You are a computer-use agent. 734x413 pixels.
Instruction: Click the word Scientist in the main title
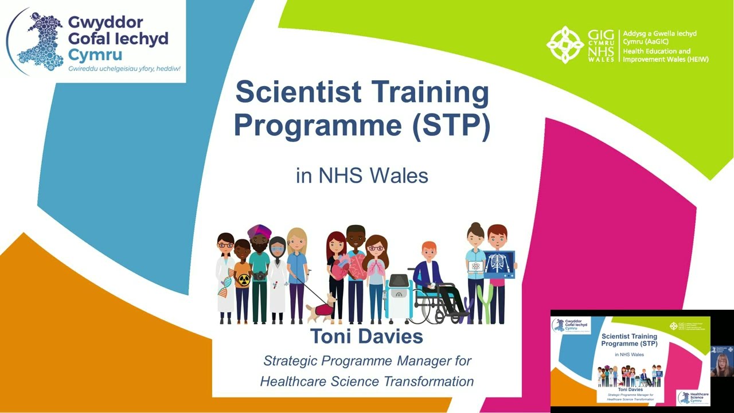coord(298,93)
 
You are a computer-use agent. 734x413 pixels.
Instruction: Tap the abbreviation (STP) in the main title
coord(451,124)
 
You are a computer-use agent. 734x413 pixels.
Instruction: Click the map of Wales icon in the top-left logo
coord(39,42)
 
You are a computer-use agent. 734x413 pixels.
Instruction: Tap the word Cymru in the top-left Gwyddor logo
coord(95,55)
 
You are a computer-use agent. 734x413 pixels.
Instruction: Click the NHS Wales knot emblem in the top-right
coord(565,44)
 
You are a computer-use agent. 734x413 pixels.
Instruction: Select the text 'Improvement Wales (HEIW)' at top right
coord(665,60)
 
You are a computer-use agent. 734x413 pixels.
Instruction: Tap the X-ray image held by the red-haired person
coord(498,264)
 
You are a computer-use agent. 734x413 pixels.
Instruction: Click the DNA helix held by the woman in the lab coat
coord(224,283)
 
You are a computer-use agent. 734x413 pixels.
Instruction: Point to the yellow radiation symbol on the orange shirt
coord(244,280)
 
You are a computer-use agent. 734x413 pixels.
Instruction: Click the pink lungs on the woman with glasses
coord(376,267)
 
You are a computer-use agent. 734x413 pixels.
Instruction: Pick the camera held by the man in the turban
coord(260,276)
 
